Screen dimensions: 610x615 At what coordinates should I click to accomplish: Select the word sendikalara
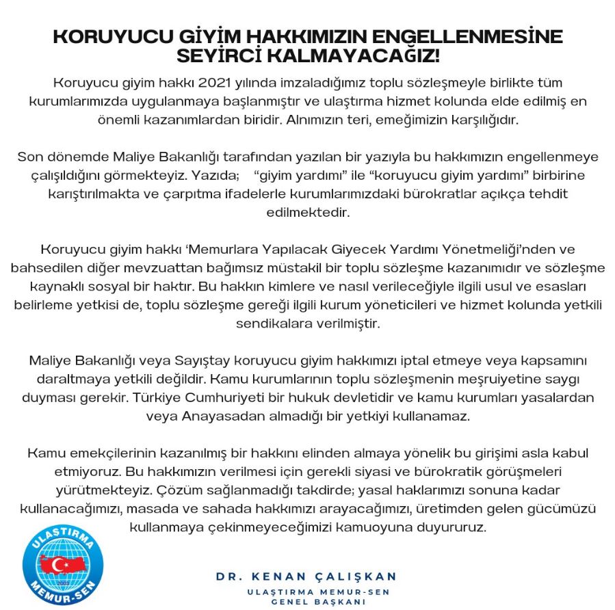point(274,323)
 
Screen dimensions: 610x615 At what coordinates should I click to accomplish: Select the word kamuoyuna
point(401,528)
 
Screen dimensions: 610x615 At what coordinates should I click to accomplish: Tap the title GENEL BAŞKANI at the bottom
point(318,602)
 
